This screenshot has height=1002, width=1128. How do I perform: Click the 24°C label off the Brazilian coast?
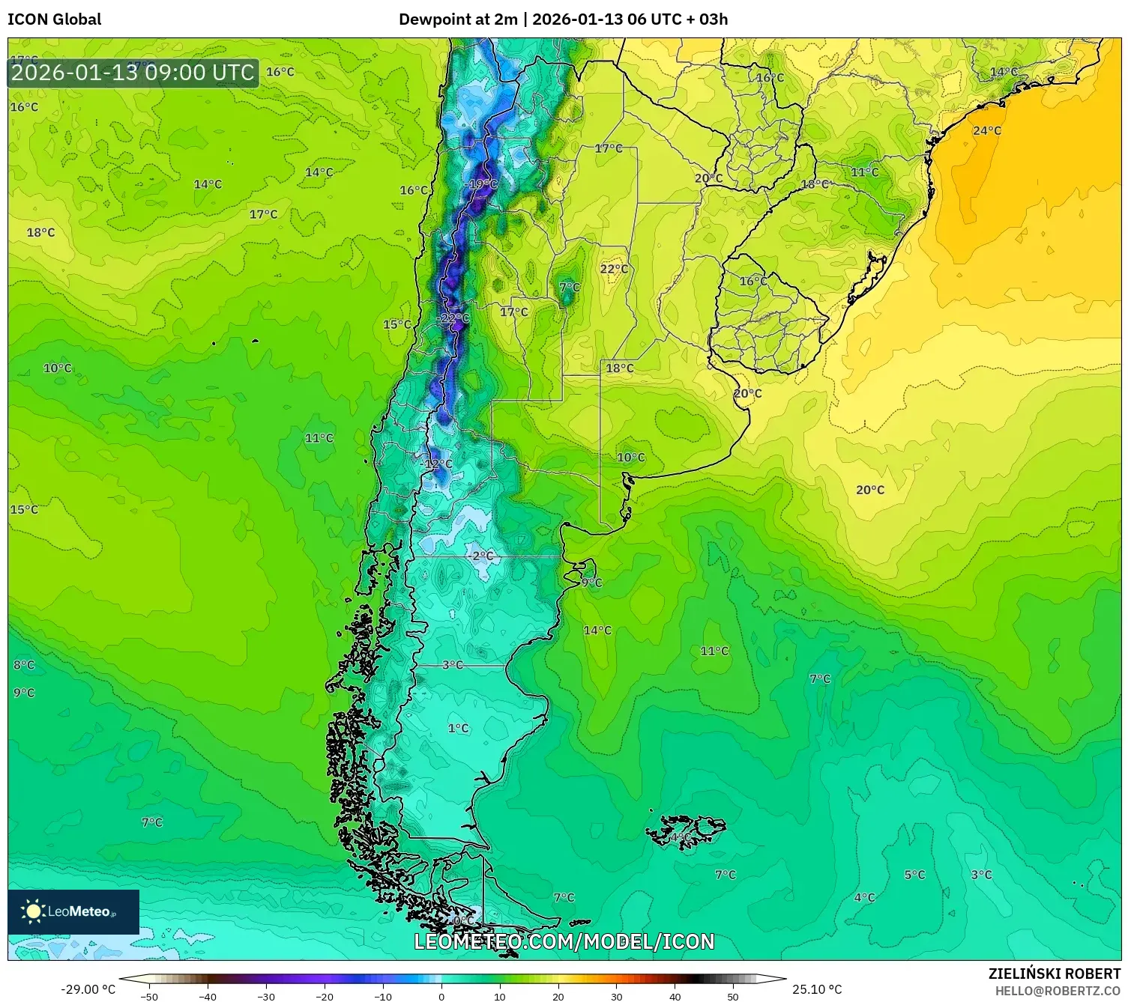click(986, 131)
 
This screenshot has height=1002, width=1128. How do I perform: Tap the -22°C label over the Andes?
click(453, 318)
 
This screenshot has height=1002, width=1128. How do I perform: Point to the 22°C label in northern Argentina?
click(614, 269)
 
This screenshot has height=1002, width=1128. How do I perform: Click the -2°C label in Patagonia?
click(481, 556)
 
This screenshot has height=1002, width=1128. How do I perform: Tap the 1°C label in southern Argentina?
click(458, 728)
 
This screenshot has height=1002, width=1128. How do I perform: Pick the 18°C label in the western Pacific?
click(40, 233)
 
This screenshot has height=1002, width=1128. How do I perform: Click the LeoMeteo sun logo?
click(33, 911)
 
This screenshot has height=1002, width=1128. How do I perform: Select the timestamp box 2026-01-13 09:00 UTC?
click(133, 73)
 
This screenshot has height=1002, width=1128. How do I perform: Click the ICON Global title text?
click(54, 19)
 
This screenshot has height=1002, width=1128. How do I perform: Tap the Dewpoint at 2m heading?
click(457, 19)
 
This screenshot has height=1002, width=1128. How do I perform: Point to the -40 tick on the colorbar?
click(208, 996)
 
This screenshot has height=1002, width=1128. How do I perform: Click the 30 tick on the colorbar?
click(616, 996)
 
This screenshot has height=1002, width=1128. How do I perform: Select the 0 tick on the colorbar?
click(441, 996)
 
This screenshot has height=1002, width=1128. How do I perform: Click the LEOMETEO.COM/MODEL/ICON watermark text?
click(564, 941)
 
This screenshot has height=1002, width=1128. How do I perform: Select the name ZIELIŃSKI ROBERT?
click(1054, 974)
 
